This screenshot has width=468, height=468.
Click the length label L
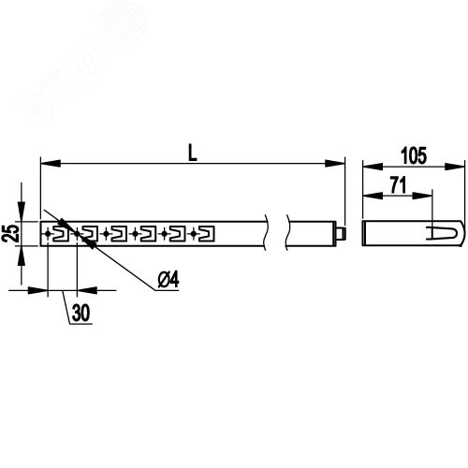click(x=193, y=153)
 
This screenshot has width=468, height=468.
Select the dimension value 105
click(x=414, y=155)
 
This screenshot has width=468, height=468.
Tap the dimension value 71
click(x=399, y=185)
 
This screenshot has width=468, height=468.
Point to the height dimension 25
click(x=9, y=233)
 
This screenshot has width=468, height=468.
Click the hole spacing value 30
click(x=80, y=313)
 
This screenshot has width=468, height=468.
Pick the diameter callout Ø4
click(x=168, y=280)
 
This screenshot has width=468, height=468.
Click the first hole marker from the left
click(x=48, y=233)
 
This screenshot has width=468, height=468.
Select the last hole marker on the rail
click(x=194, y=233)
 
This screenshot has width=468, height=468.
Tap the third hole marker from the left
click(x=106, y=233)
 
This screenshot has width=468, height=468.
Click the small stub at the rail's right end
click(x=342, y=233)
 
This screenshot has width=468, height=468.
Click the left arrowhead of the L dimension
click(x=51, y=163)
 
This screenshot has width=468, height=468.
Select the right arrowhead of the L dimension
click(x=335, y=163)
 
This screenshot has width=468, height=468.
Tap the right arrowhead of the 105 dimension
click(x=455, y=167)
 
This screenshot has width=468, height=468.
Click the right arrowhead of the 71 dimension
click(x=422, y=196)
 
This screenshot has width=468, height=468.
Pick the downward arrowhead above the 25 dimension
click(x=22, y=212)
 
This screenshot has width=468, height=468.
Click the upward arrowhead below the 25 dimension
click(x=22, y=256)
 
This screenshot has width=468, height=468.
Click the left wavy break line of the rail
click(x=266, y=232)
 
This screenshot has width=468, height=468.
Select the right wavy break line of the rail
click(x=287, y=232)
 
